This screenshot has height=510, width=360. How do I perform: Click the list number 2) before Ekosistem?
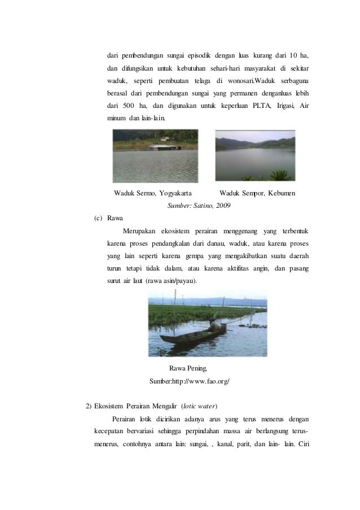pyautogui.click(x=88, y=406)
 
